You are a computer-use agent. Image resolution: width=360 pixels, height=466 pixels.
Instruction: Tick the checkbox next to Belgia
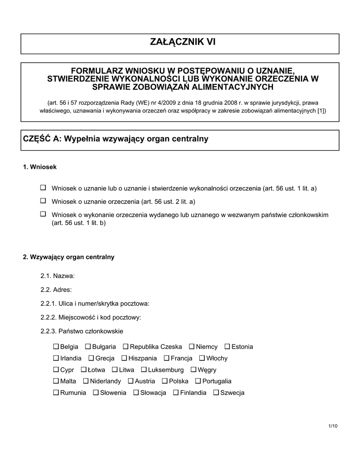(56, 347)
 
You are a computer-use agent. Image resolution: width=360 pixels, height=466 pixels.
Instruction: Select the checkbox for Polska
(165, 381)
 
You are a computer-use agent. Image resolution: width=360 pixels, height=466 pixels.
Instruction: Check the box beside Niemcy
(192, 347)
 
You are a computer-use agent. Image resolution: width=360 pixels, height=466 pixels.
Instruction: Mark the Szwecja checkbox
(216, 393)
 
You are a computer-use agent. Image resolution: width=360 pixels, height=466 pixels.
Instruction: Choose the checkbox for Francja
(167, 358)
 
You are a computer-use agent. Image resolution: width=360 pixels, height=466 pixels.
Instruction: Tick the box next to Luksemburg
(144, 370)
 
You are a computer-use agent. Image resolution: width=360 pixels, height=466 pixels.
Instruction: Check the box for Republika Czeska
(126, 347)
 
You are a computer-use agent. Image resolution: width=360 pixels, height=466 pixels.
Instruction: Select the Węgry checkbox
(194, 370)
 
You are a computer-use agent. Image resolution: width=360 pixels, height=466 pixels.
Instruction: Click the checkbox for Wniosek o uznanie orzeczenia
(43, 201)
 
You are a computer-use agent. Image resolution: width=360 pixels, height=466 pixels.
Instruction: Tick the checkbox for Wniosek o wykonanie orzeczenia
(43, 214)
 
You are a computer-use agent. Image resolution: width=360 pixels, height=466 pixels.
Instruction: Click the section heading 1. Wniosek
(40, 167)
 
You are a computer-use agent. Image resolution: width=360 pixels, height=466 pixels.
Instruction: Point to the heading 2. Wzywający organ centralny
(68, 257)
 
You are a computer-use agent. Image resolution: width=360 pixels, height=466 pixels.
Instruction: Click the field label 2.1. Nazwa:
(57, 276)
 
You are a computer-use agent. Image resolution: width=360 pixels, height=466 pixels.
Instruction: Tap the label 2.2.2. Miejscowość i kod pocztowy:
(91, 317)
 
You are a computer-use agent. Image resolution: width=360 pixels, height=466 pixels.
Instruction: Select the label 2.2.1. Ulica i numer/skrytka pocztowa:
(95, 304)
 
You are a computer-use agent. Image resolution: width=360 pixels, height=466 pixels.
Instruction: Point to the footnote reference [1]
(321, 111)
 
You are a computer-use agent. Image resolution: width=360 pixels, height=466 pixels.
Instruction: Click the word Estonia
(242, 347)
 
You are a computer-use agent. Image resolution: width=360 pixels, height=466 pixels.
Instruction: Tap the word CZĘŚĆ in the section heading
(36, 139)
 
